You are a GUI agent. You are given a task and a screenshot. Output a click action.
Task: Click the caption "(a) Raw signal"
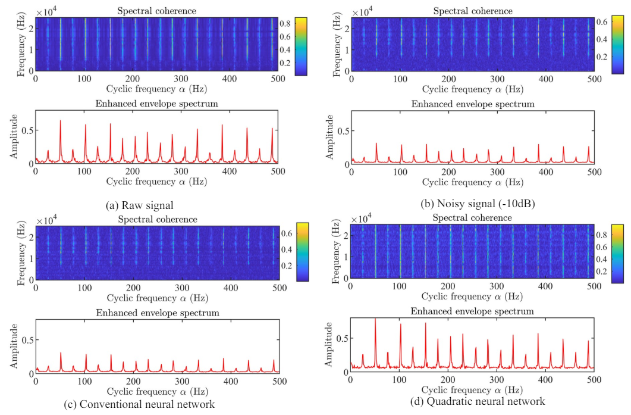pyautogui.click(x=139, y=205)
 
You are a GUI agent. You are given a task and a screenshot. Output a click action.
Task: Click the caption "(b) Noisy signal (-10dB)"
pyautogui.click(x=478, y=204)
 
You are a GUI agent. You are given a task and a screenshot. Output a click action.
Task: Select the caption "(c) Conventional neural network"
pyautogui.click(x=139, y=405)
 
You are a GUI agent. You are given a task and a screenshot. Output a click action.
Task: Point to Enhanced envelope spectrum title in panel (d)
pyautogui.click(x=472, y=311)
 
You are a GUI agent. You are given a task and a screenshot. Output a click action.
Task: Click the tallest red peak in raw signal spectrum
pyautogui.click(x=60, y=121)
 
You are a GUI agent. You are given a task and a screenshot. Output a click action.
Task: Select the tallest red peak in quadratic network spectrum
pyautogui.click(x=375, y=320)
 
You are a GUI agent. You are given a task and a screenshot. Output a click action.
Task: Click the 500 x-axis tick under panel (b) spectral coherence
pyautogui.click(x=594, y=78)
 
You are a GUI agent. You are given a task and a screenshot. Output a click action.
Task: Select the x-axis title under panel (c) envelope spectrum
pyautogui.click(x=157, y=392)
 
